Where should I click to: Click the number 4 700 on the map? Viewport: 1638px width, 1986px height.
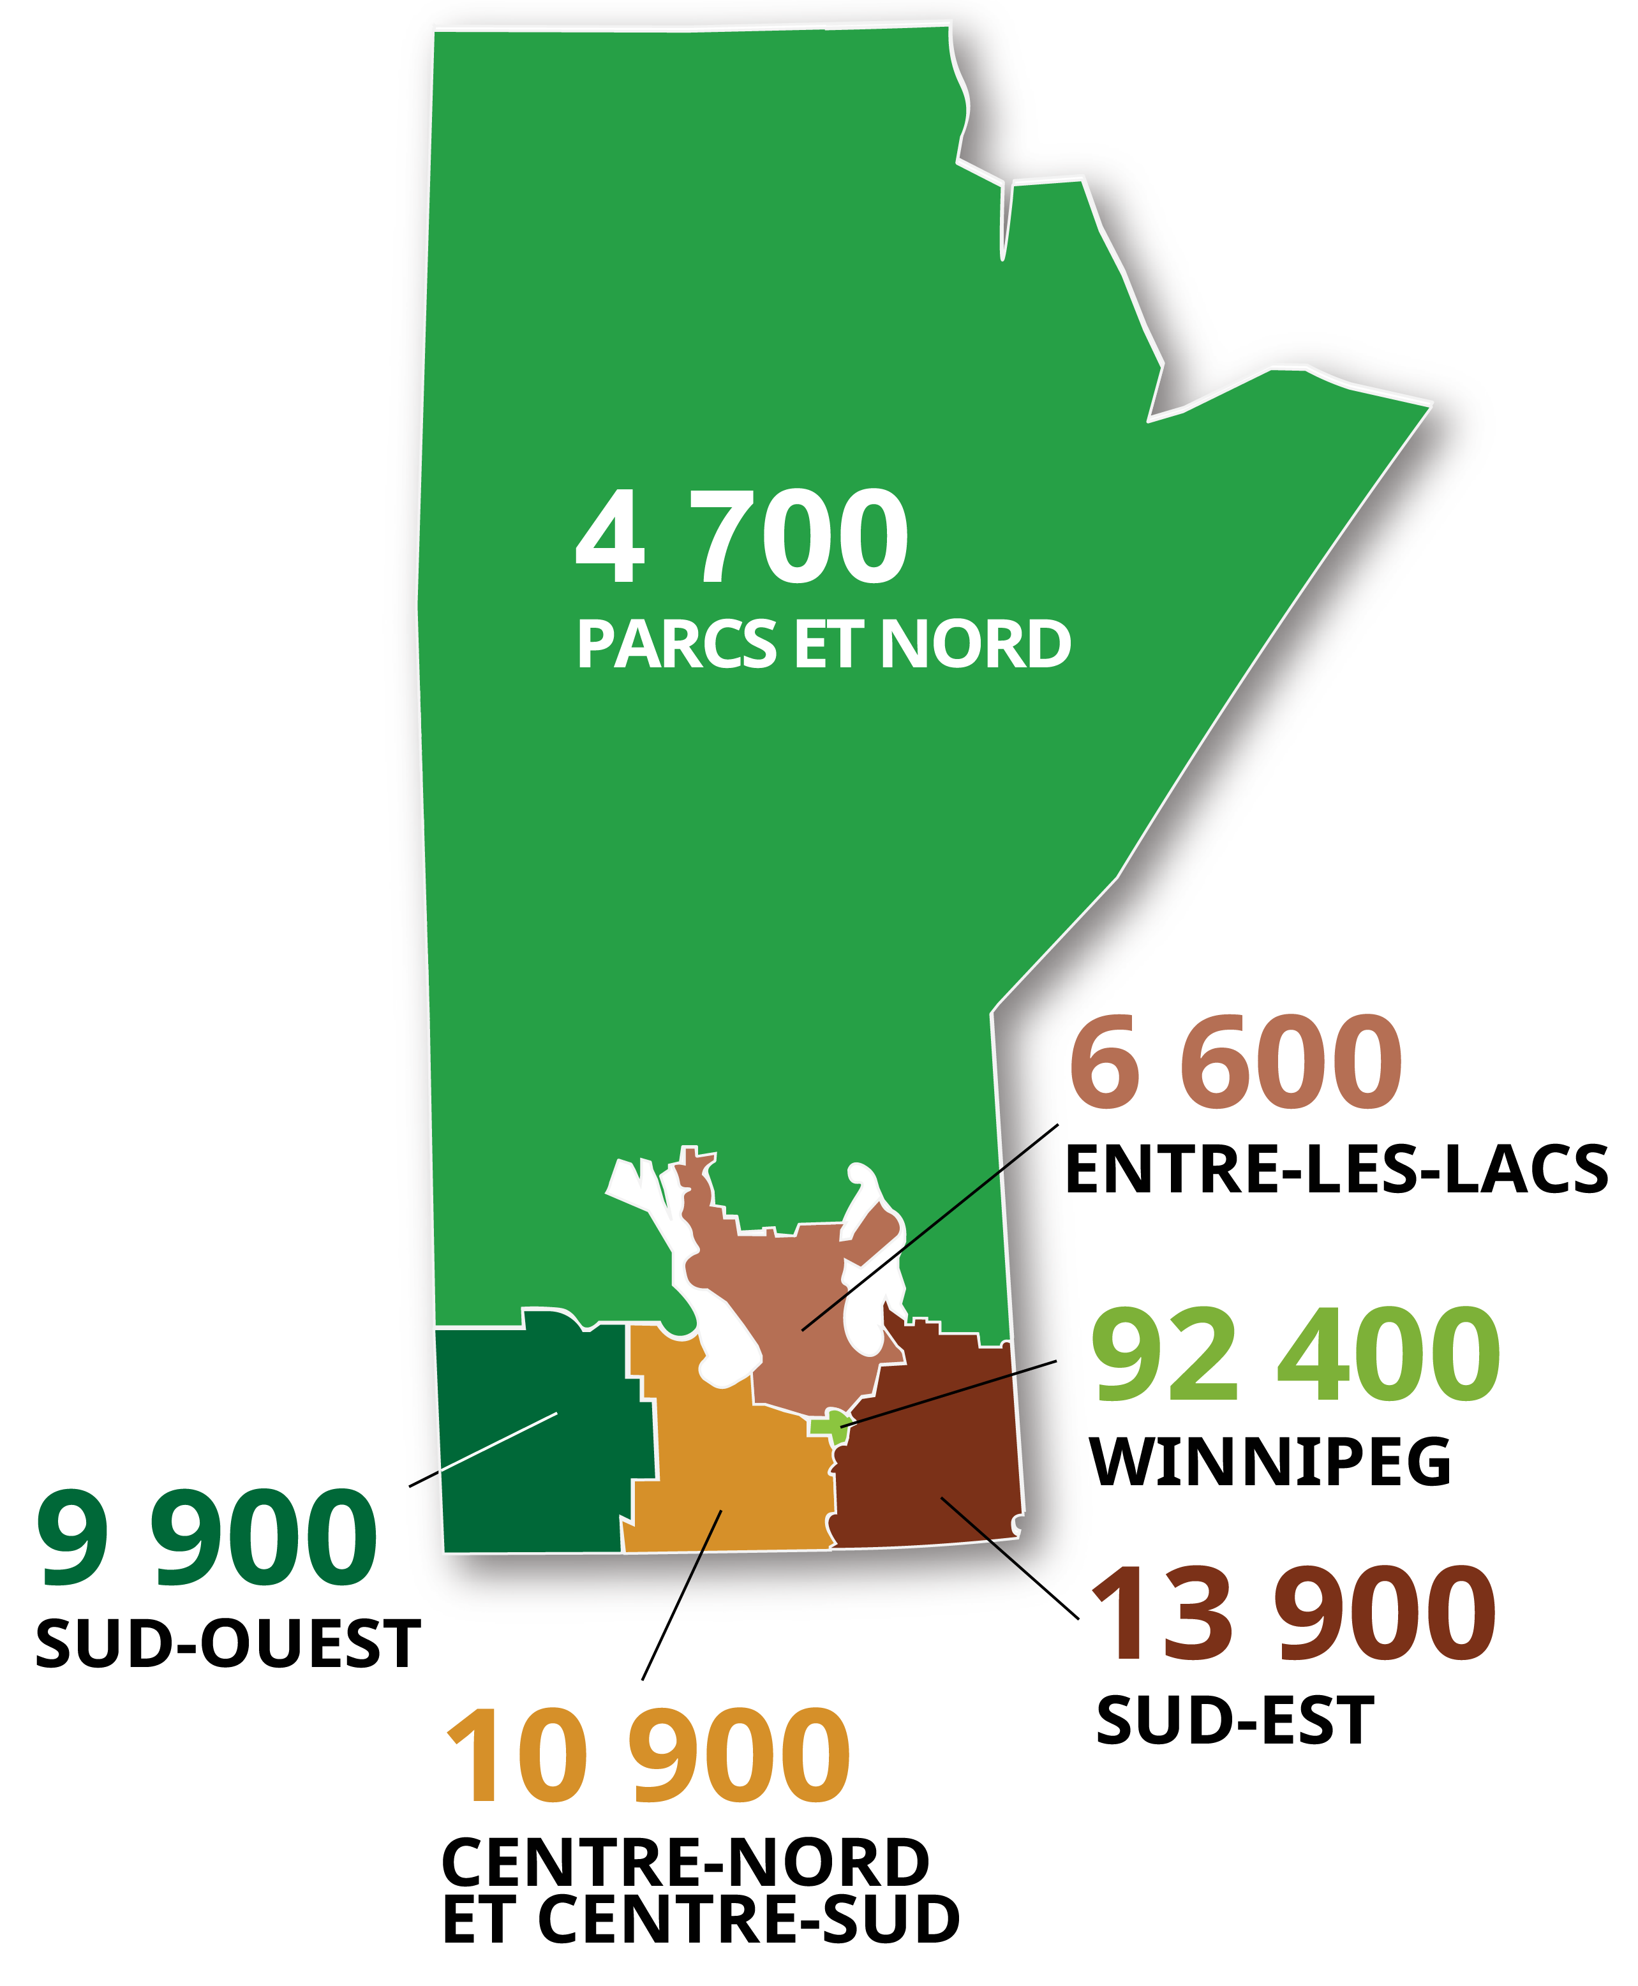tap(741, 538)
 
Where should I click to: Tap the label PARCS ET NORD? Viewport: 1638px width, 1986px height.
tap(823, 646)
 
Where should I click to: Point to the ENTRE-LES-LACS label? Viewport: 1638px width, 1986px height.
tap(1335, 1170)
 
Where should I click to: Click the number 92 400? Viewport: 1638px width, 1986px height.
tap(1295, 1355)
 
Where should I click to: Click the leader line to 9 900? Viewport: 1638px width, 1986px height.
tap(483, 1449)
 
